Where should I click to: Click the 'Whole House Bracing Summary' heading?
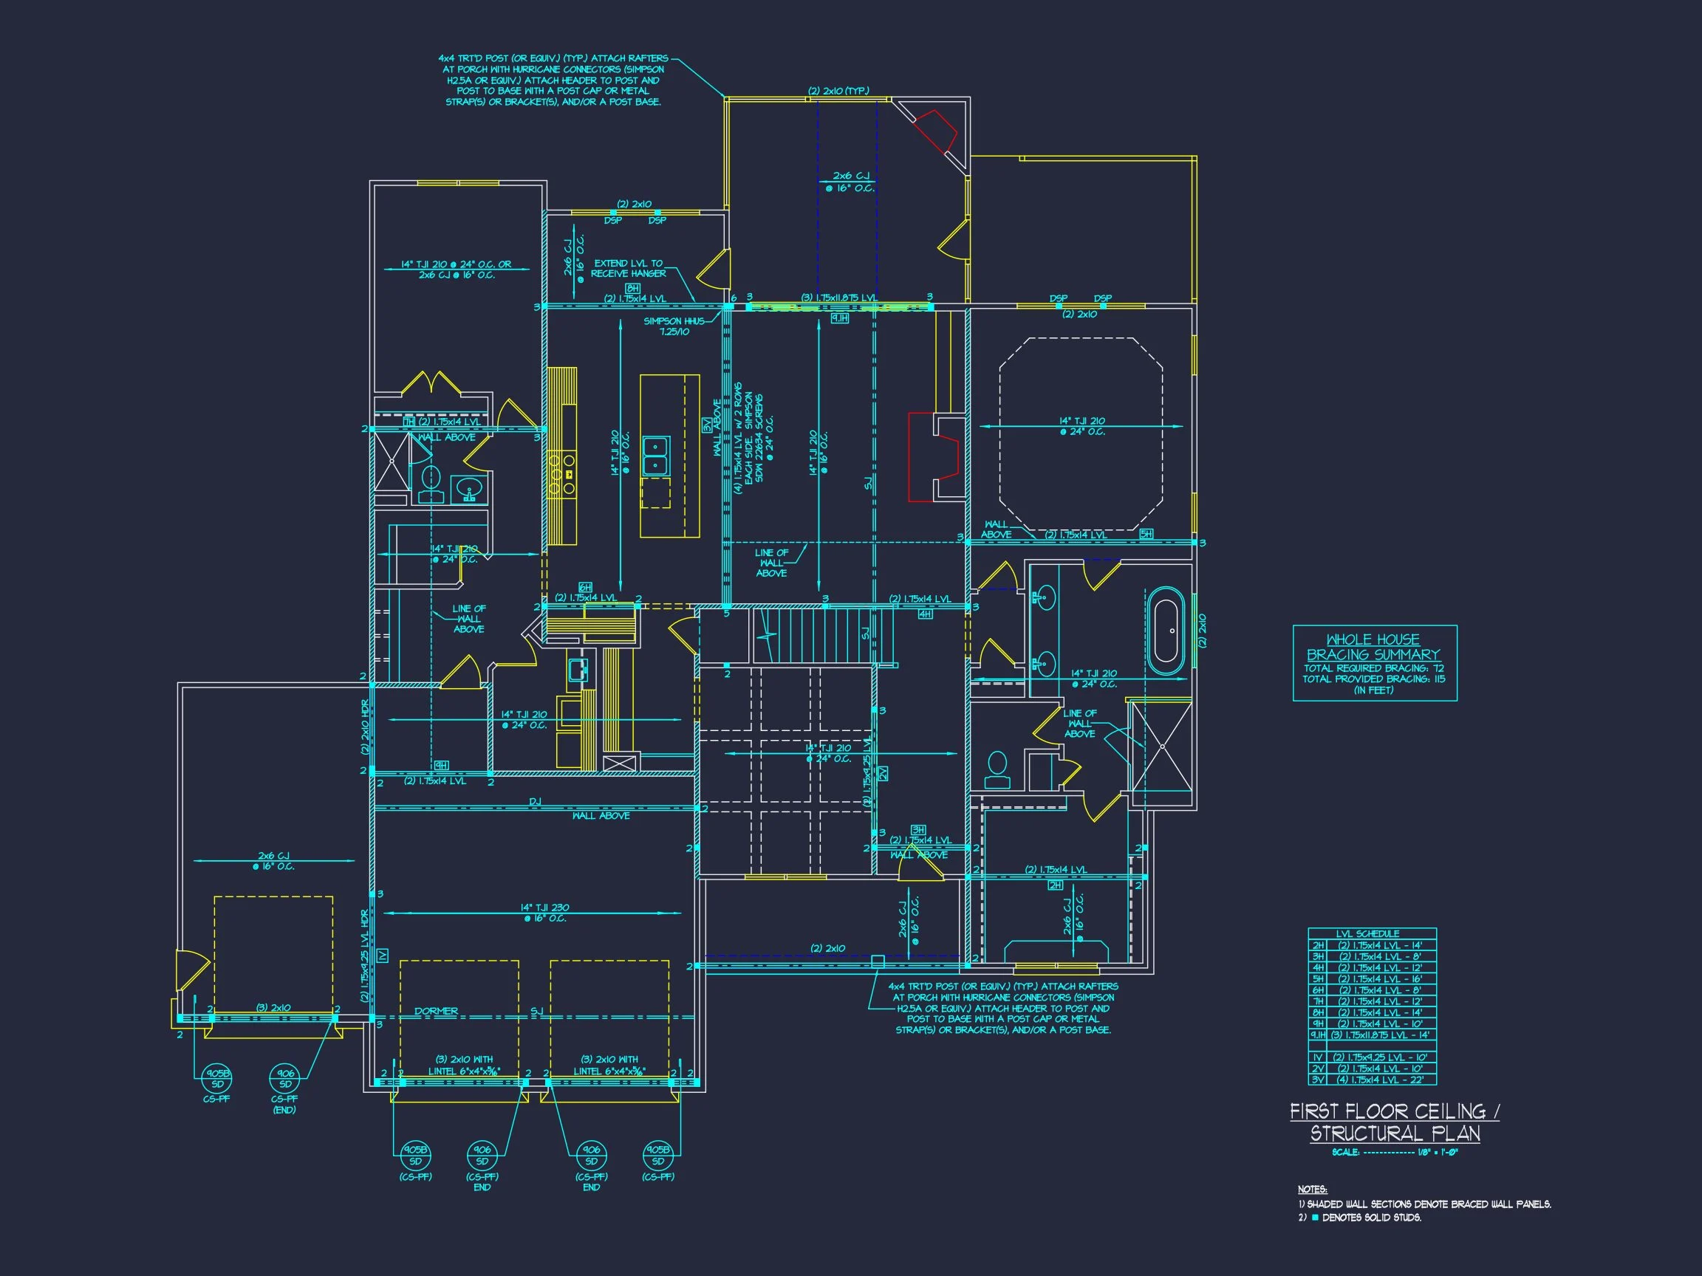(x=1373, y=647)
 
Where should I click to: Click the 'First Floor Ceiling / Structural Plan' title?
(x=1394, y=1122)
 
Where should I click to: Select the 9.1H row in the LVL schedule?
(x=1372, y=1035)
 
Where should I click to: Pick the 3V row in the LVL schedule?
(x=1372, y=1080)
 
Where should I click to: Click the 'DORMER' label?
(x=437, y=1012)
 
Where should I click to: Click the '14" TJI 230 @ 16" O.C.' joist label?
(x=544, y=913)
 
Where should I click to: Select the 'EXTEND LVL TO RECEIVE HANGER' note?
(x=628, y=267)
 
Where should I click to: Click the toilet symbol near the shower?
(x=997, y=769)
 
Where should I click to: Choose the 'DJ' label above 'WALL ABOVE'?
(x=535, y=801)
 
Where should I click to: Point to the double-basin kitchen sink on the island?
(x=655, y=456)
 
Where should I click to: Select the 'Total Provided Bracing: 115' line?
(x=1374, y=679)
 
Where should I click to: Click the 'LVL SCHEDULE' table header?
(x=1372, y=933)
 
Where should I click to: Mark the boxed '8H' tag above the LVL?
(x=632, y=289)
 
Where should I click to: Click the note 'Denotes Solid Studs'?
(x=1371, y=1218)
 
